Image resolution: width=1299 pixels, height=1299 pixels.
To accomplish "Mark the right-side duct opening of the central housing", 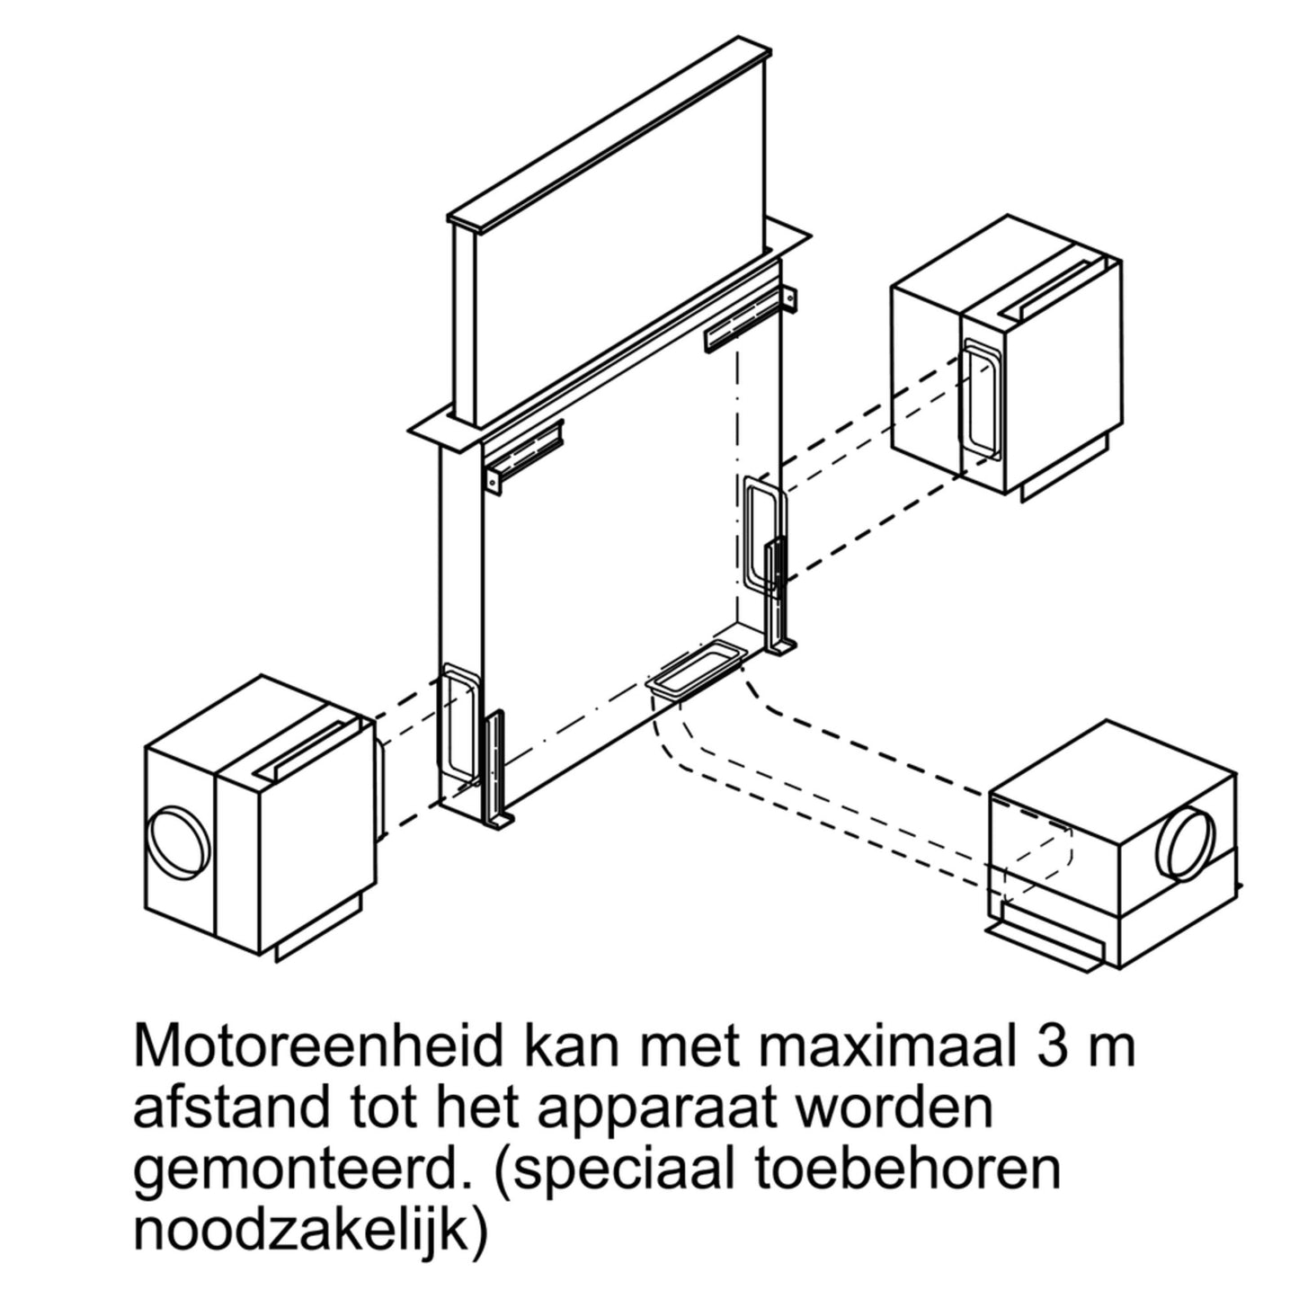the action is tap(765, 532).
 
